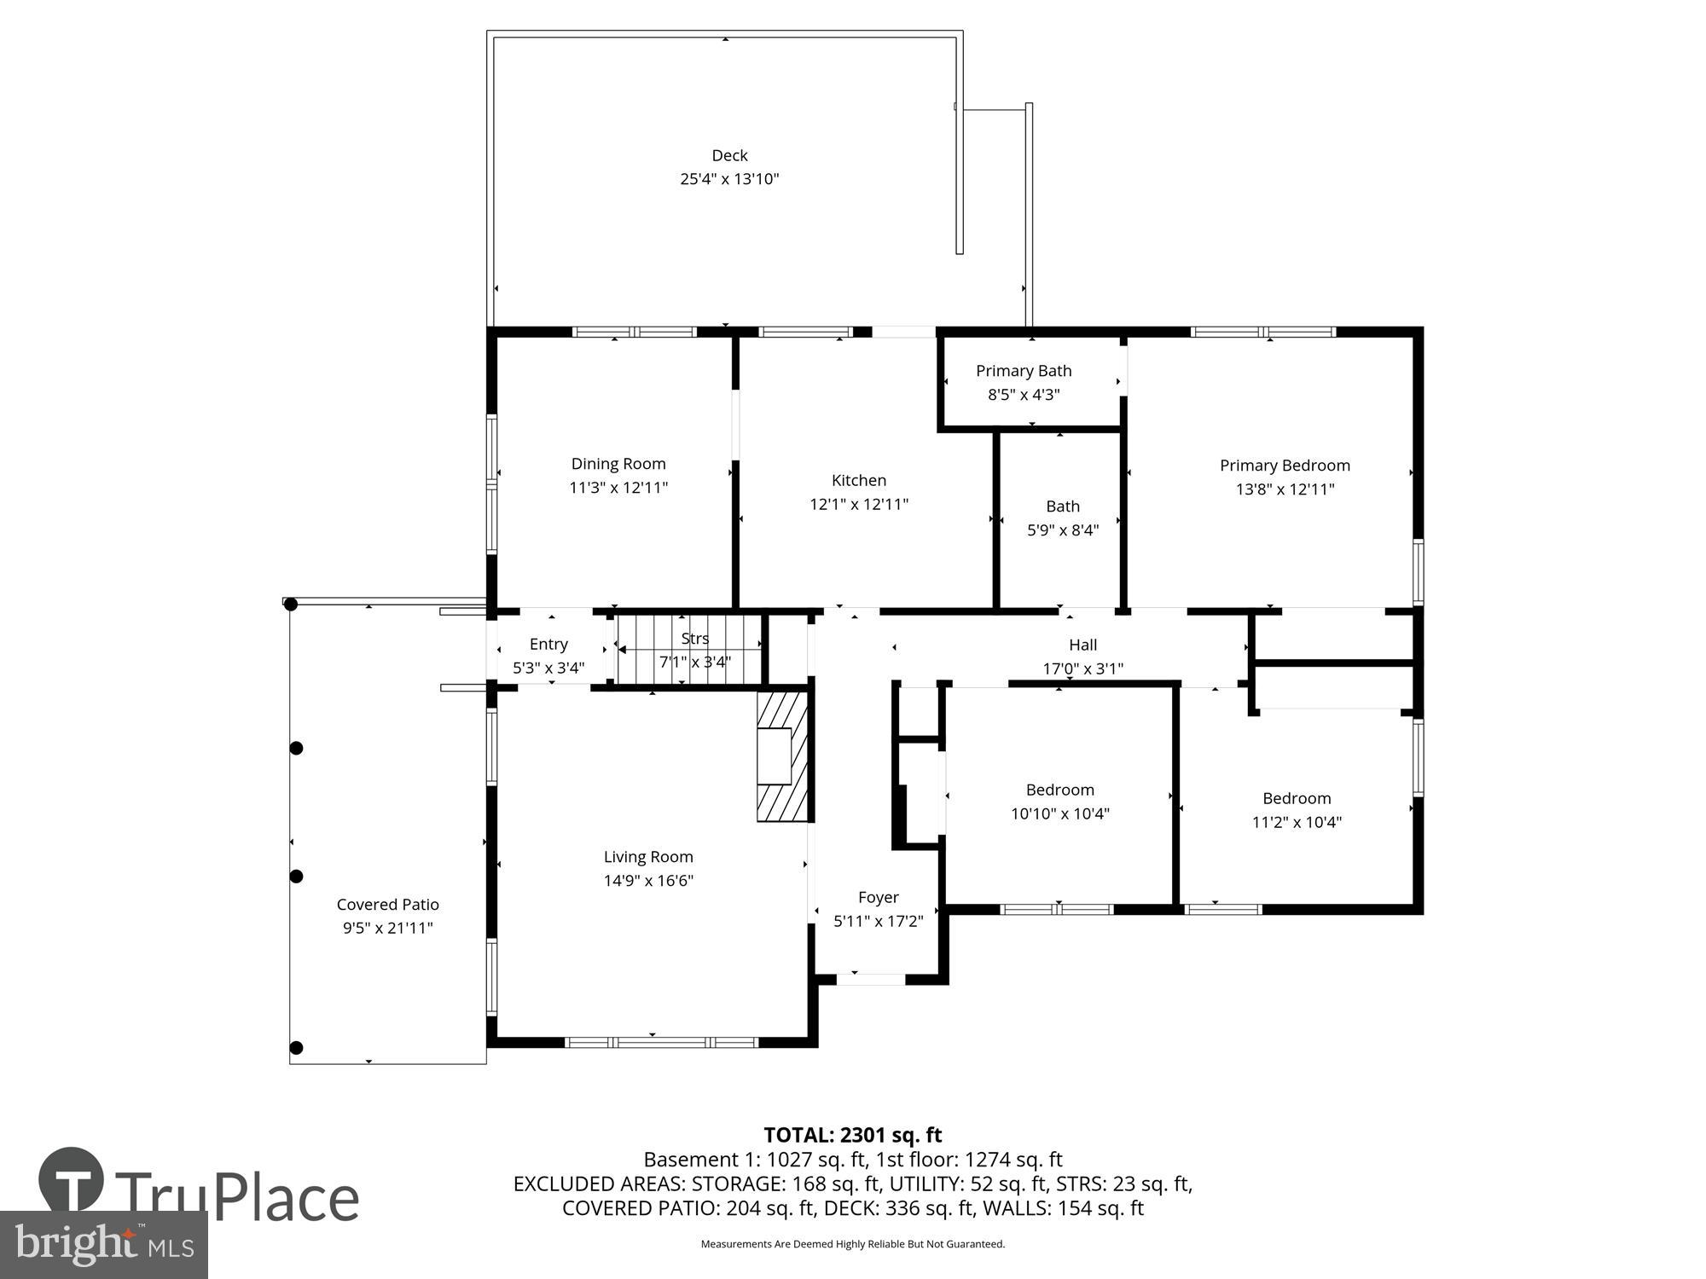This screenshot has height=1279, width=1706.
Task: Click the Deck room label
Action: [x=729, y=155]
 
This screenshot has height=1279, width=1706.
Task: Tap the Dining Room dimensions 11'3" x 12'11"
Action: [x=618, y=488]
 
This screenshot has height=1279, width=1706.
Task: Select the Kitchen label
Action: [x=859, y=480]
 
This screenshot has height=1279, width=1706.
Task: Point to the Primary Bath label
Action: [x=1024, y=371]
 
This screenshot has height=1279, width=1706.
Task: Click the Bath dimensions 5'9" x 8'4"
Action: [x=1062, y=530]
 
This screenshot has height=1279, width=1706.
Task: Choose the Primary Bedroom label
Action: [x=1285, y=466]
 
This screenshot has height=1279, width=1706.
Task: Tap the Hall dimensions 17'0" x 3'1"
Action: [x=1082, y=668]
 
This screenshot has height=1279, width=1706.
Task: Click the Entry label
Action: [x=548, y=645]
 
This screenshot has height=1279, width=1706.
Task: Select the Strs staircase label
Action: [x=694, y=639]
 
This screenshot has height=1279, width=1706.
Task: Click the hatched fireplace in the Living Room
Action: [x=782, y=756]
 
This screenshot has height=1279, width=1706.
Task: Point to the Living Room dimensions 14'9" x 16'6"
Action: [x=648, y=881]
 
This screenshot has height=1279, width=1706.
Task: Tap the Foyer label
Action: [x=878, y=897]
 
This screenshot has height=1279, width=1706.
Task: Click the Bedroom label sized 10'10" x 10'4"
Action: [x=1059, y=790]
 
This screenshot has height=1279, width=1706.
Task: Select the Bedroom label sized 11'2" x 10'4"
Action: [x=1297, y=798]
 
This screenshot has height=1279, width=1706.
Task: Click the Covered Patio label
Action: [x=387, y=905]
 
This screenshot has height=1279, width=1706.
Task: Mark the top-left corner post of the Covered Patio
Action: [x=290, y=605]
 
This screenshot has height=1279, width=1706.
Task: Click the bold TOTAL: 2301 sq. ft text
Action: [x=852, y=1135]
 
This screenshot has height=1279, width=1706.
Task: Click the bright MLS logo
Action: [x=103, y=1244]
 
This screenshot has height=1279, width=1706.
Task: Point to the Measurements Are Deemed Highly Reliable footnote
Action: [x=852, y=1244]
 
